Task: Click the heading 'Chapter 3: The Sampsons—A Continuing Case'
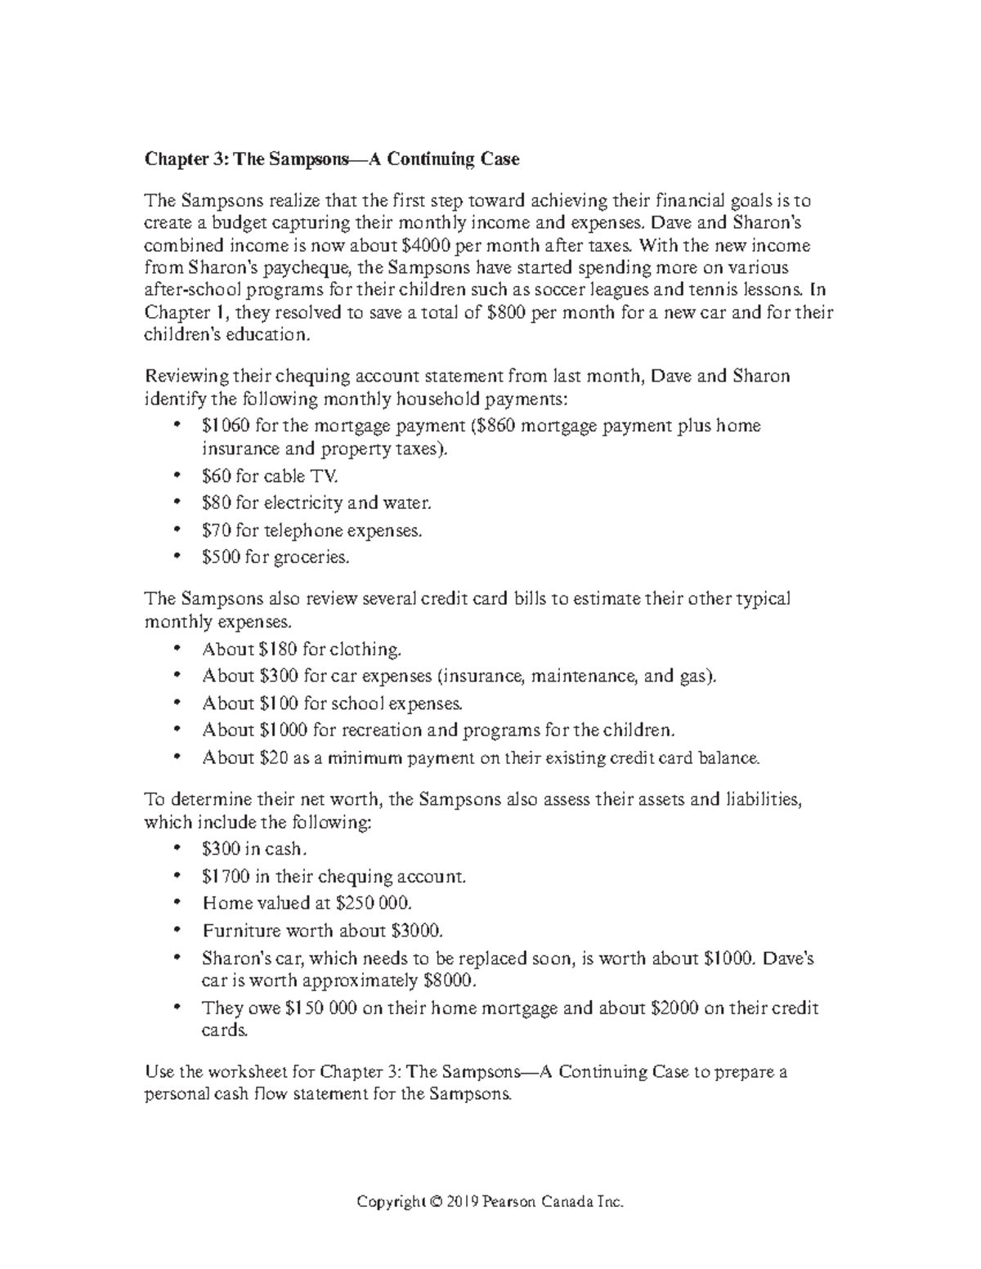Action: [x=332, y=159]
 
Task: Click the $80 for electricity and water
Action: [x=216, y=503]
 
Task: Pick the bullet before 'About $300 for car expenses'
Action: [x=177, y=677]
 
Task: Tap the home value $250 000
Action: [x=374, y=904]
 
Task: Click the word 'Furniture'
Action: [x=238, y=931]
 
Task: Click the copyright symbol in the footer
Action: [x=436, y=1202]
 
